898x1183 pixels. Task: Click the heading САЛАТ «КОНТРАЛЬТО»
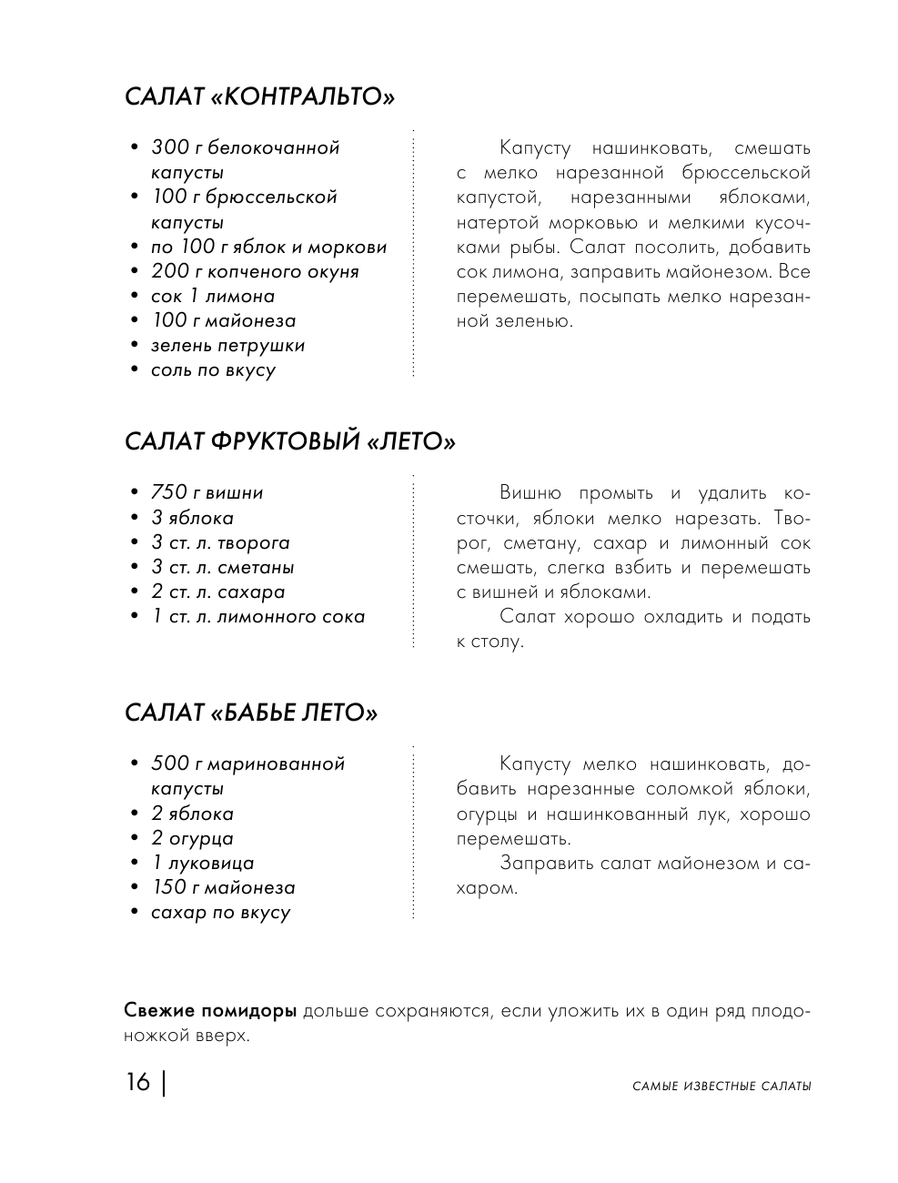(x=259, y=96)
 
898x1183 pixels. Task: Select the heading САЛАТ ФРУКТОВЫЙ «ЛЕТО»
(x=289, y=442)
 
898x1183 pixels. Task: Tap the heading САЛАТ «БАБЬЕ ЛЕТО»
(x=250, y=713)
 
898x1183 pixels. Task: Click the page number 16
(x=138, y=1083)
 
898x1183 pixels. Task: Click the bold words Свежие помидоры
(x=210, y=1011)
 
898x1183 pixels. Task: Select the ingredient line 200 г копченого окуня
(x=255, y=271)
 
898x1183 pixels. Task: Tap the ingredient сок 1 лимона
(x=213, y=296)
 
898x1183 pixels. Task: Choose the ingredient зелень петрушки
(x=227, y=345)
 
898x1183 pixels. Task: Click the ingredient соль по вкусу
(x=213, y=369)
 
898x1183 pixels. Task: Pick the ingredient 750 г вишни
(x=207, y=492)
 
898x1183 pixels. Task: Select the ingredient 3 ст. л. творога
(x=220, y=542)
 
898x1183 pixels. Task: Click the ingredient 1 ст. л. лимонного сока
(x=258, y=616)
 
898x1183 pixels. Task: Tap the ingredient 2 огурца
(x=192, y=838)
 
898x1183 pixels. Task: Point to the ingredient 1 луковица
(x=203, y=863)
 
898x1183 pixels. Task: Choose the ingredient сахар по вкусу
(x=220, y=912)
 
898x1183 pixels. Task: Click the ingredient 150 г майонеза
(x=223, y=887)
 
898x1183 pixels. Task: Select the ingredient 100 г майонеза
(x=223, y=320)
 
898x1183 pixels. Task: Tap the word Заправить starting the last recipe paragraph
(x=546, y=863)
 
